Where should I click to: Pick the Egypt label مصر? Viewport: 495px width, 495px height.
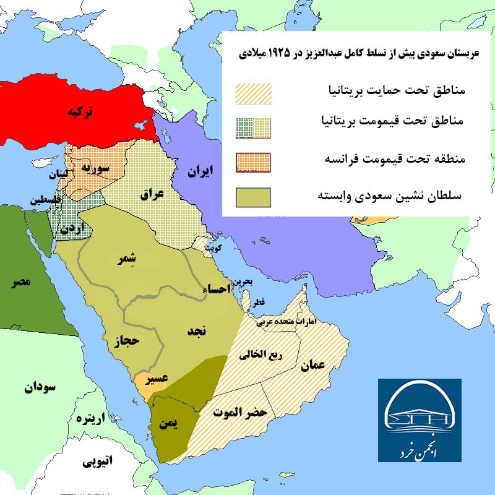[x=19, y=283]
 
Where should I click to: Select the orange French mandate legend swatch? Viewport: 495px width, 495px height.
[x=254, y=161]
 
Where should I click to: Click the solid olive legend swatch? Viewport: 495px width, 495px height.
[x=254, y=197]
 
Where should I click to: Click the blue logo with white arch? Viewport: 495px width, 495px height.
[x=420, y=420]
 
